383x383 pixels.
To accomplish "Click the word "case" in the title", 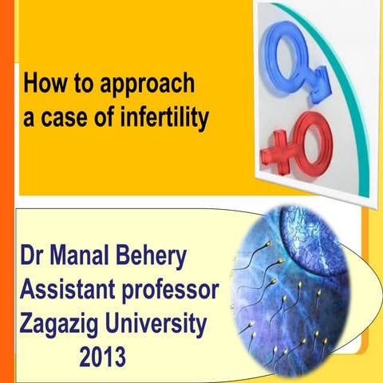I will [x=65, y=119].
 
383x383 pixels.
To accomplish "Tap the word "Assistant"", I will [x=69, y=293].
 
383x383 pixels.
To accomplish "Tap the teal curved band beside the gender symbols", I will [x=344, y=96].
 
